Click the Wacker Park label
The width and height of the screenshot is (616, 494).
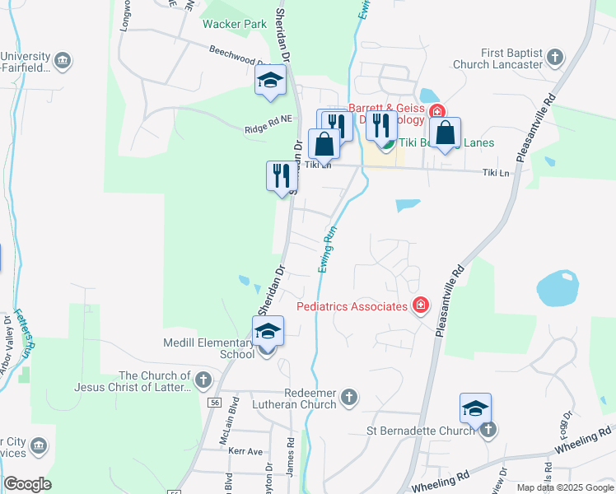pyautogui.click(x=235, y=24)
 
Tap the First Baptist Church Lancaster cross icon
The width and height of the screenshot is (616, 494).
pyautogui.click(x=556, y=57)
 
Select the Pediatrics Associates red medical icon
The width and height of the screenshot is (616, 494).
pyautogui.click(x=421, y=306)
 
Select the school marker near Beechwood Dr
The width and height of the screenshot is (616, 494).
pyautogui.click(x=269, y=82)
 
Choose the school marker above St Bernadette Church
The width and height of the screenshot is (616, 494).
pyautogui.click(x=475, y=408)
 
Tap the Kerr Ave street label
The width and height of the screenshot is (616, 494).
pyautogui.click(x=246, y=452)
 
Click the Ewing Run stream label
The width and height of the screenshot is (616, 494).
pyautogui.click(x=329, y=251)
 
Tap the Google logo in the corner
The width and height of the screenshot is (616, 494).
pyautogui.click(x=27, y=484)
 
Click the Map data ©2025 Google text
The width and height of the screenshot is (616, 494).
pyautogui.click(x=564, y=487)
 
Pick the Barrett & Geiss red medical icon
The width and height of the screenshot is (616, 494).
pyautogui.click(x=436, y=112)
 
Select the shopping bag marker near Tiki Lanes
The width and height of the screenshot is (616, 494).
pyautogui.click(x=445, y=133)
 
